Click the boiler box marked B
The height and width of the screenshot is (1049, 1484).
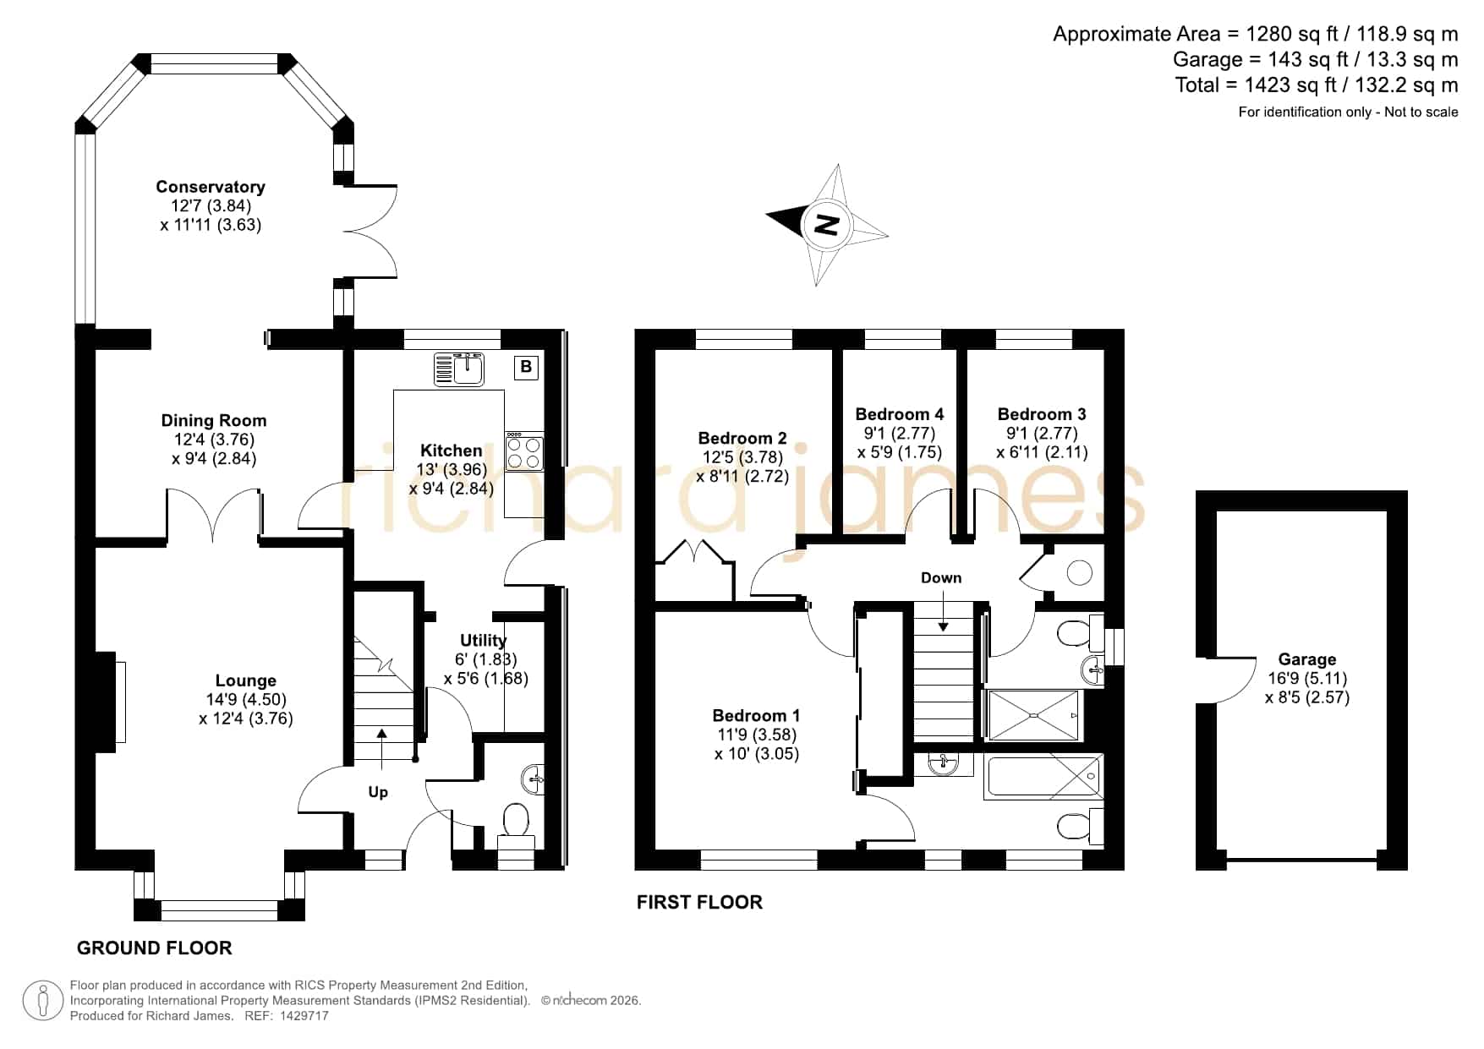point(526,367)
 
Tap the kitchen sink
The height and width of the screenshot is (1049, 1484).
point(459,369)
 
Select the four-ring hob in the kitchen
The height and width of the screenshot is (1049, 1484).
point(524,451)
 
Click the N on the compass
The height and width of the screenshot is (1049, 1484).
point(826,225)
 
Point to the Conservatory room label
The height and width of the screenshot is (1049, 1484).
point(211,187)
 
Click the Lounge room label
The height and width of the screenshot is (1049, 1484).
point(245,680)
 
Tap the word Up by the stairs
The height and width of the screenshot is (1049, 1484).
point(378,792)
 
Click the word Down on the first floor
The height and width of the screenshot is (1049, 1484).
point(941,577)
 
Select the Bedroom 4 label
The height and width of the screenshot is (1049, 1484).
point(899,413)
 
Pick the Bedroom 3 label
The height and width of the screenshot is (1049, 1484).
point(1042,413)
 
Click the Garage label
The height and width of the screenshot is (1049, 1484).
point(1307,659)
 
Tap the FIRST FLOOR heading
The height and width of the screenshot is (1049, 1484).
point(699,902)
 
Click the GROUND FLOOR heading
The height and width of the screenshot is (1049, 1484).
point(154,948)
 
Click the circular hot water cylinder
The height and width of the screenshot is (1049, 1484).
point(1079,572)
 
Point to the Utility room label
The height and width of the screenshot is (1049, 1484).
point(483,640)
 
